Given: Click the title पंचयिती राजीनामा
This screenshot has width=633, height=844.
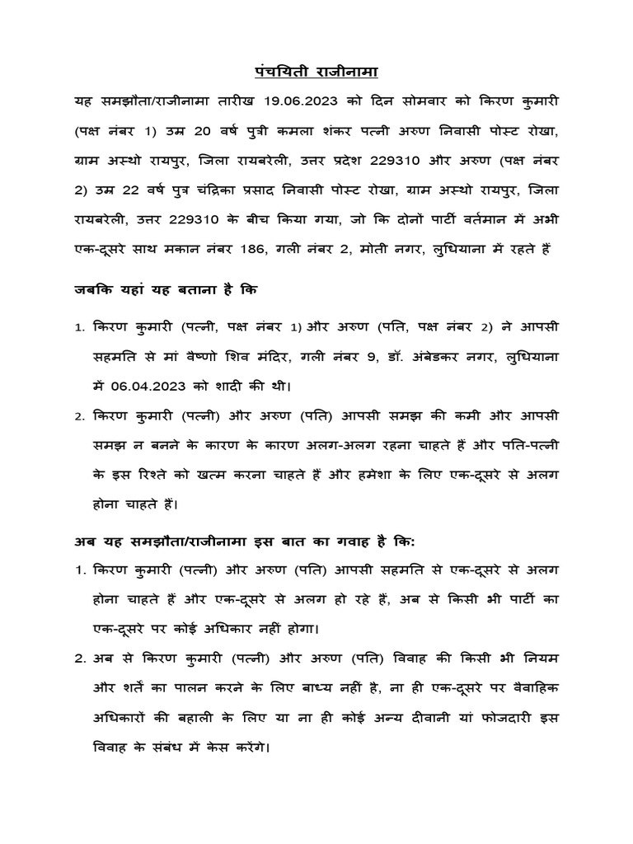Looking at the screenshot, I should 316,72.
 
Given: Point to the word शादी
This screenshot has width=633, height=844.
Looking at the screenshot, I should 237,385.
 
